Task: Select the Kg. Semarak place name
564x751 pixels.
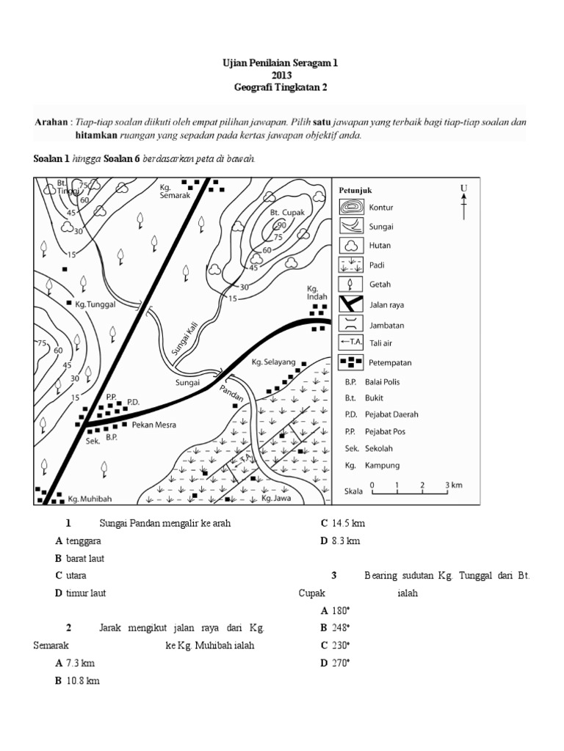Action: pos(174,191)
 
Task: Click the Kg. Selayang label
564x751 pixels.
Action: pos(273,362)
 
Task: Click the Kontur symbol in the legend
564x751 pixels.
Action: pos(350,208)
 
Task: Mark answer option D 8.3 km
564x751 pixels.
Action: pos(339,541)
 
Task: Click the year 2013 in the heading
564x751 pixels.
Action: pos(281,75)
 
